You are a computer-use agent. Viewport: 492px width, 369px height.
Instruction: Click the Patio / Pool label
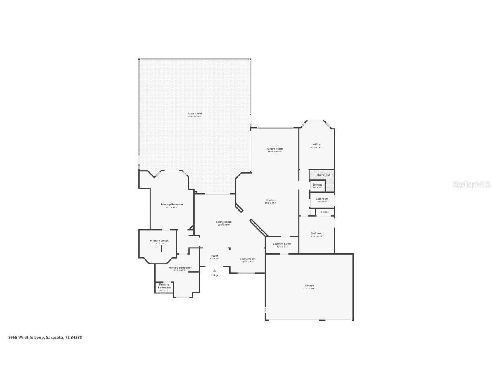[x=194, y=114]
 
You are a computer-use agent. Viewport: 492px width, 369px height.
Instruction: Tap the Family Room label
[x=274, y=149]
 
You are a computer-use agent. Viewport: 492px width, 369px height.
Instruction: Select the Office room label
[x=316, y=145]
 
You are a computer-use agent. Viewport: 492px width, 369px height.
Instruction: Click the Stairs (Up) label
[x=323, y=175]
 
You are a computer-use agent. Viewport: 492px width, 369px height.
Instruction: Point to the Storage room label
[x=317, y=185]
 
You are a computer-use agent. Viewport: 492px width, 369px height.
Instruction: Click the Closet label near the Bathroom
[x=325, y=212]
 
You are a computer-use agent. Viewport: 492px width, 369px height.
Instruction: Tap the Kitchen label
[x=270, y=200]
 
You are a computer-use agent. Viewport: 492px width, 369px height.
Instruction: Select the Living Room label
[x=224, y=222]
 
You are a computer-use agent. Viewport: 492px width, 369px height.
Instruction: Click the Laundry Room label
[x=282, y=244]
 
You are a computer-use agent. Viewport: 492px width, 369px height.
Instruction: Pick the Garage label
[x=309, y=286]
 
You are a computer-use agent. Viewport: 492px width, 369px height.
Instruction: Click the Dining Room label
[x=247, y=259]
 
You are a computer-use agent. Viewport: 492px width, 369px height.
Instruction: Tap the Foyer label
[x=214, y=256]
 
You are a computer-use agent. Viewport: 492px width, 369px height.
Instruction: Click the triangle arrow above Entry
[x=214, y=271]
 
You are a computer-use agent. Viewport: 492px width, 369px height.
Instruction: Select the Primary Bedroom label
[x=171, y=204]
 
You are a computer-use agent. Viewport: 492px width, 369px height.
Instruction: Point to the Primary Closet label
[x=159, y=241]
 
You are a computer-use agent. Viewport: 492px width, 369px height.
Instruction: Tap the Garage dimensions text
[x=309, y=288]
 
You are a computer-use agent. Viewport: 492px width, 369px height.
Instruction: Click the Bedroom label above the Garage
[x=316, y=233]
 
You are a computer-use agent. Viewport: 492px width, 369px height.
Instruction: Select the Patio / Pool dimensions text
[x=194, y=117]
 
